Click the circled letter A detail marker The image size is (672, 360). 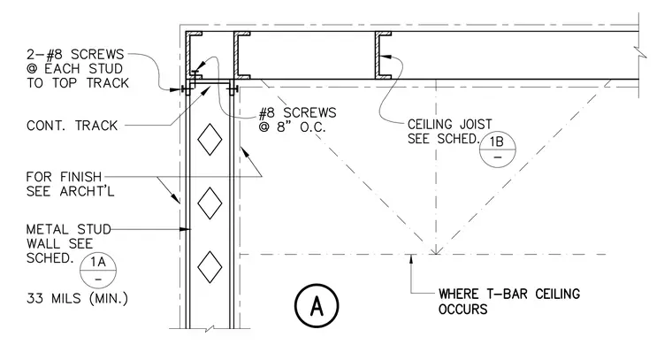click(317, 305)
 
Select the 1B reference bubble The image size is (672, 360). click(497, 149)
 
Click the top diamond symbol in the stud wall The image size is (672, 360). click(210, 139)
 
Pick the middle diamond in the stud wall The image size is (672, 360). click(210, 203)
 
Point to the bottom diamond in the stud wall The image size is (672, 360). click(210, 267)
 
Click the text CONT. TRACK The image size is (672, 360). click(72, 126)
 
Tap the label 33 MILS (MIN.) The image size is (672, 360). click(77, 298)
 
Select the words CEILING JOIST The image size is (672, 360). click(449, 125)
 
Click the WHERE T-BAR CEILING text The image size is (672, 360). click(509, 294)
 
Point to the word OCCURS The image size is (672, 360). click(462, 309)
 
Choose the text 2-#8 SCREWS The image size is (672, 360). click(75, 55)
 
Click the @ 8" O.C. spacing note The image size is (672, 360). click(293, 127)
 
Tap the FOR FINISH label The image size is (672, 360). click(64, 177)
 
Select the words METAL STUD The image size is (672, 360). click(69, 230)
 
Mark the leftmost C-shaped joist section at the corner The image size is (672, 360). click(193, 56)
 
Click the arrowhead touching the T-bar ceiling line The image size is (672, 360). click(411, 258)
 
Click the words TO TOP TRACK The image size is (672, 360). click(78, 83)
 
